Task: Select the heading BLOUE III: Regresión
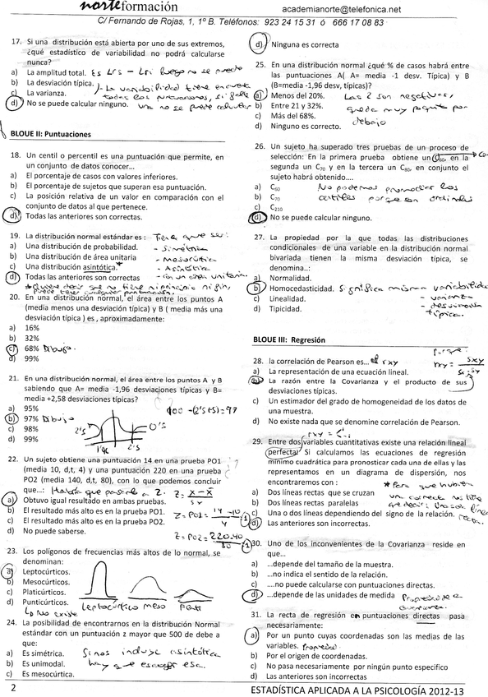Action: coord(290,339)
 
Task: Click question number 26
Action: coord(259,145)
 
